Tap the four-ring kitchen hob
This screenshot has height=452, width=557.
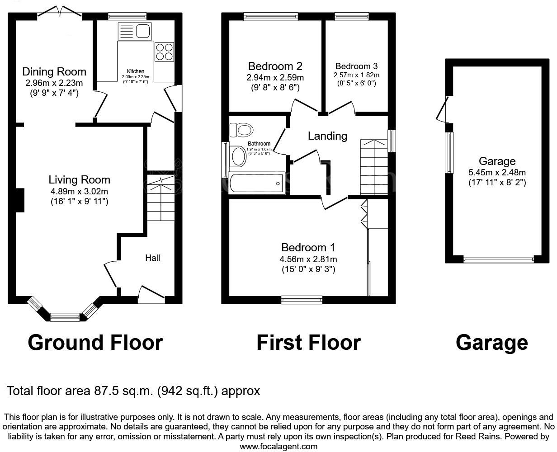tap(165, 52)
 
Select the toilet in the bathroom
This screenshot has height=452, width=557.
tap(241, 130)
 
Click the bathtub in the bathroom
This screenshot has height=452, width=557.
tap(255, 183)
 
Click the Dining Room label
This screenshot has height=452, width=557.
tap(54, 71)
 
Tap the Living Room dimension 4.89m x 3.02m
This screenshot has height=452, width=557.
tap(80, 191)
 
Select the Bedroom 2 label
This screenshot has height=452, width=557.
tap(275, 66)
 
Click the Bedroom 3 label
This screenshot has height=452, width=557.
tap(356, 66)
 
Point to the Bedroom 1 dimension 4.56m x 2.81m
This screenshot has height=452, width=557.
tap(308, 259)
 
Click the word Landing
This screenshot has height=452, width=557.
tap(327, 136)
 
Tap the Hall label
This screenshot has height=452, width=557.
tap(152, 258)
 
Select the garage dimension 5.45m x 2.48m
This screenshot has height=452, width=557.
tap(497, 172)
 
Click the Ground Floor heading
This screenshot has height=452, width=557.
tap(95, 343)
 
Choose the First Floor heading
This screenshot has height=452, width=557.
tap(308, 343)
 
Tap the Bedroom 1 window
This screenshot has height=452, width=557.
tap(302, 299)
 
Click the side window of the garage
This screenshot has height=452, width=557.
tap(449, 153)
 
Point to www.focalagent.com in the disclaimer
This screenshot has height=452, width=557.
tap(278, 447)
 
